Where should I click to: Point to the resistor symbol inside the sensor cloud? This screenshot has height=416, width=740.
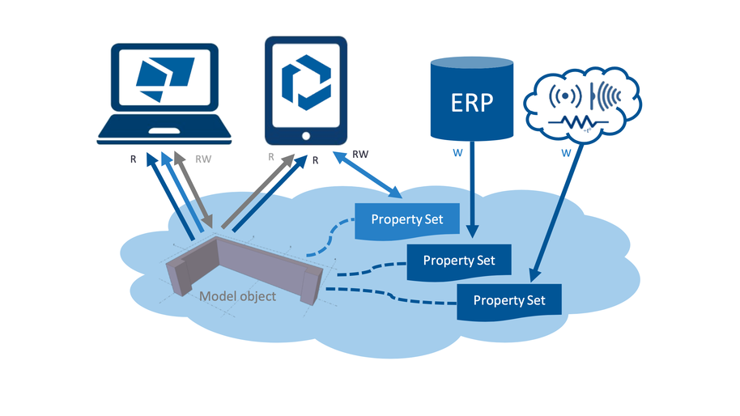point(580,122)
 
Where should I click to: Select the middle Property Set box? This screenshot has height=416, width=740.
point(459,261)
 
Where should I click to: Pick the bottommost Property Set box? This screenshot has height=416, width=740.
point(509,300)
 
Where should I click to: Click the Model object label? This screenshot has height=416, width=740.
point(237,296)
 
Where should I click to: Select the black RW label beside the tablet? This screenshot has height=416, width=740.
point(362,153)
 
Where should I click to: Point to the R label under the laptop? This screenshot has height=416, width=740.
point(134,159)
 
